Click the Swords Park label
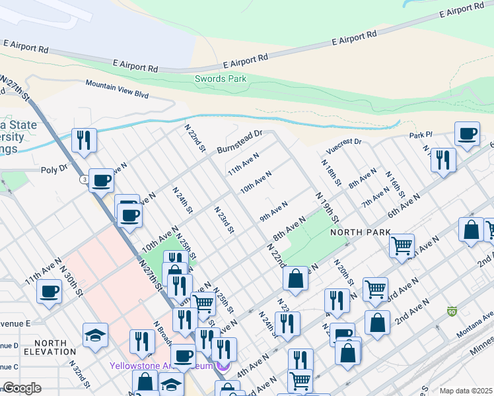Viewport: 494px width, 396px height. (221, 79)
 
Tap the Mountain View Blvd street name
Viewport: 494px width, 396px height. (117, 88)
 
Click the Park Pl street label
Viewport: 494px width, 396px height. (419, 135)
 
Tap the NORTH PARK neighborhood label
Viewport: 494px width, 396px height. (361, 232)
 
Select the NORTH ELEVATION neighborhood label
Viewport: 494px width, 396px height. (50, 347)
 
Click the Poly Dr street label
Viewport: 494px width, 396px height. (54, 169)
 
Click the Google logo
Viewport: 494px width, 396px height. (22, 388)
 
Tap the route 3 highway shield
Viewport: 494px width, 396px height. (84, 179)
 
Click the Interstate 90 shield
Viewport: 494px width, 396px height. (452, 311)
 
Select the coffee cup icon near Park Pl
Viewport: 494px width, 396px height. (468, 134)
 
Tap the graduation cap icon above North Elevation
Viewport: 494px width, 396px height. (96, 334)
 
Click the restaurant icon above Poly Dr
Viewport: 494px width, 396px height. (83, 139)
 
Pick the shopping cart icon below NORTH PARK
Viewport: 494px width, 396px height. (402, 246)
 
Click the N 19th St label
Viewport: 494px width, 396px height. (327, 207)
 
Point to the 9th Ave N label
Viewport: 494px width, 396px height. (273, 212)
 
